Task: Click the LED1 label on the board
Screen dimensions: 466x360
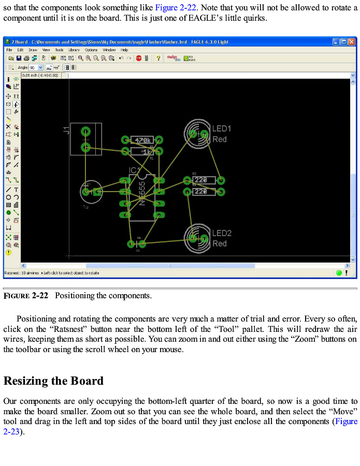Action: pos(222,128)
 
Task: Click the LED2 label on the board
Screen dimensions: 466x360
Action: pos(222,233)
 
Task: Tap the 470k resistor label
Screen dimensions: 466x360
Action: pos(142,140)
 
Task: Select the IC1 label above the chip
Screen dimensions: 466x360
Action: pos(134,170)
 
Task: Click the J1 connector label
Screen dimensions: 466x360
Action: pos(66,130)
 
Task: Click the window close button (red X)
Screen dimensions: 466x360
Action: pos(352,41)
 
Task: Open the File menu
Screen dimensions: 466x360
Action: pos(9,50)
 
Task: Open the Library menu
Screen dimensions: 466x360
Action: pos(74,50)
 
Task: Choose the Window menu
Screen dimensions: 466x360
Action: pos(109,50)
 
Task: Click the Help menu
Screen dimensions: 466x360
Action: pos(124,50)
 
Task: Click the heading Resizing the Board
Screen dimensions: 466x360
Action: pos(53,381)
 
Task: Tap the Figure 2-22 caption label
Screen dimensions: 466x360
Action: pos(26,296)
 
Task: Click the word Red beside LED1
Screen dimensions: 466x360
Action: pos(220,139)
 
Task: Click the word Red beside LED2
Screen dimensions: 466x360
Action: pos(220,243)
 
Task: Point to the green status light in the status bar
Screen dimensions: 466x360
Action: pos(339,272)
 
